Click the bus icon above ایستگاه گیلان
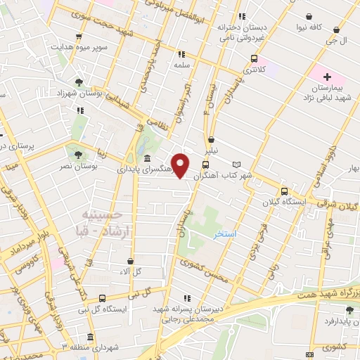coord(284,191)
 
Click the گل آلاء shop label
coord(129,271)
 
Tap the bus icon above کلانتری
coord(254,59)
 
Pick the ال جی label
coord(339,41)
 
